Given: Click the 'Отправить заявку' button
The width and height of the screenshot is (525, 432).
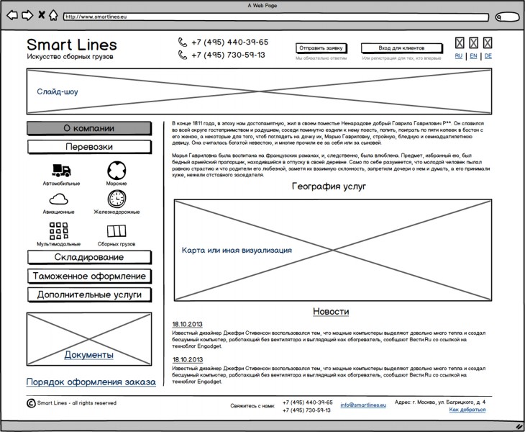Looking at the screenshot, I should coord(321,48).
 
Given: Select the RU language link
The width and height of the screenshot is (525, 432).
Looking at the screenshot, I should coord(459,55).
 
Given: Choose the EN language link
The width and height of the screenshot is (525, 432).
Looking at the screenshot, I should coord(473,55).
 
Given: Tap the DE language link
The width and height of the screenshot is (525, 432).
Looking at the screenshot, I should coord(488,55).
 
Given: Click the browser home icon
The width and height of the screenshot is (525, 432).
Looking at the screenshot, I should coord(53,15).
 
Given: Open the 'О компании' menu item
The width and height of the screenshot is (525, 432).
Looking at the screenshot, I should coord(88,128).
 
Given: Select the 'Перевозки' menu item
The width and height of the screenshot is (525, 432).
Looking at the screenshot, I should coord(88,147).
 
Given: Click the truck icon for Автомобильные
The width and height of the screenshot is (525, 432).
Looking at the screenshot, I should coord(61,171).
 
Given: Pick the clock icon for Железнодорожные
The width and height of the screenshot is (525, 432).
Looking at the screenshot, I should coord(117,199).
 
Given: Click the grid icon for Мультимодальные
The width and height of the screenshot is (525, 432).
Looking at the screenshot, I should coord(59,231).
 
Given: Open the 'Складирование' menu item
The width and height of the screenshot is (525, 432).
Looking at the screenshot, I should coord(88,257).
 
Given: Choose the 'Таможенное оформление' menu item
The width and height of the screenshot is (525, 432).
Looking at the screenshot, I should coord(88,276).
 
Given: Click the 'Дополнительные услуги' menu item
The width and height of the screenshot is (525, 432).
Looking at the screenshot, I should coord(88,294).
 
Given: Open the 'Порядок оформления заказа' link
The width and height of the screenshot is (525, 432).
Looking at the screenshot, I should coord(91,382).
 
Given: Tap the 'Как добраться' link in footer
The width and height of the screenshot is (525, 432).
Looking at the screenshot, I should coord(467,410).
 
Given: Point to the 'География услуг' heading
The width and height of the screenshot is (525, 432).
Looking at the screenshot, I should coord(329,186).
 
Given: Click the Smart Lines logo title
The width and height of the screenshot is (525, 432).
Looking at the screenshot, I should coord(71,45).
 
